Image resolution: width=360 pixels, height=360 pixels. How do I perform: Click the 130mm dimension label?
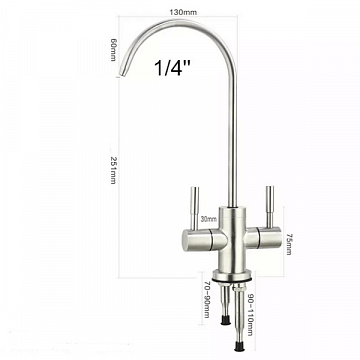[183, 13]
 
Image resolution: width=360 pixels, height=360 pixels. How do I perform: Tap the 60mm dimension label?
[113, 50]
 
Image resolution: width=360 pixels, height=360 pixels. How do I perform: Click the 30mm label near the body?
[209, 219]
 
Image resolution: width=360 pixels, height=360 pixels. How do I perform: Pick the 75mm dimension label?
[289, 244]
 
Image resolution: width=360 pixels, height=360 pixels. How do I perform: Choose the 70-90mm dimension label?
[207, 299]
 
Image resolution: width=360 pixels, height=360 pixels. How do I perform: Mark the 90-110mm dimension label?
[250, 314]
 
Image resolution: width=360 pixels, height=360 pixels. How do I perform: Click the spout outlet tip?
[123, 73]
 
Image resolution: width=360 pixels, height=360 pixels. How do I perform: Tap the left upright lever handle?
[195, 208]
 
